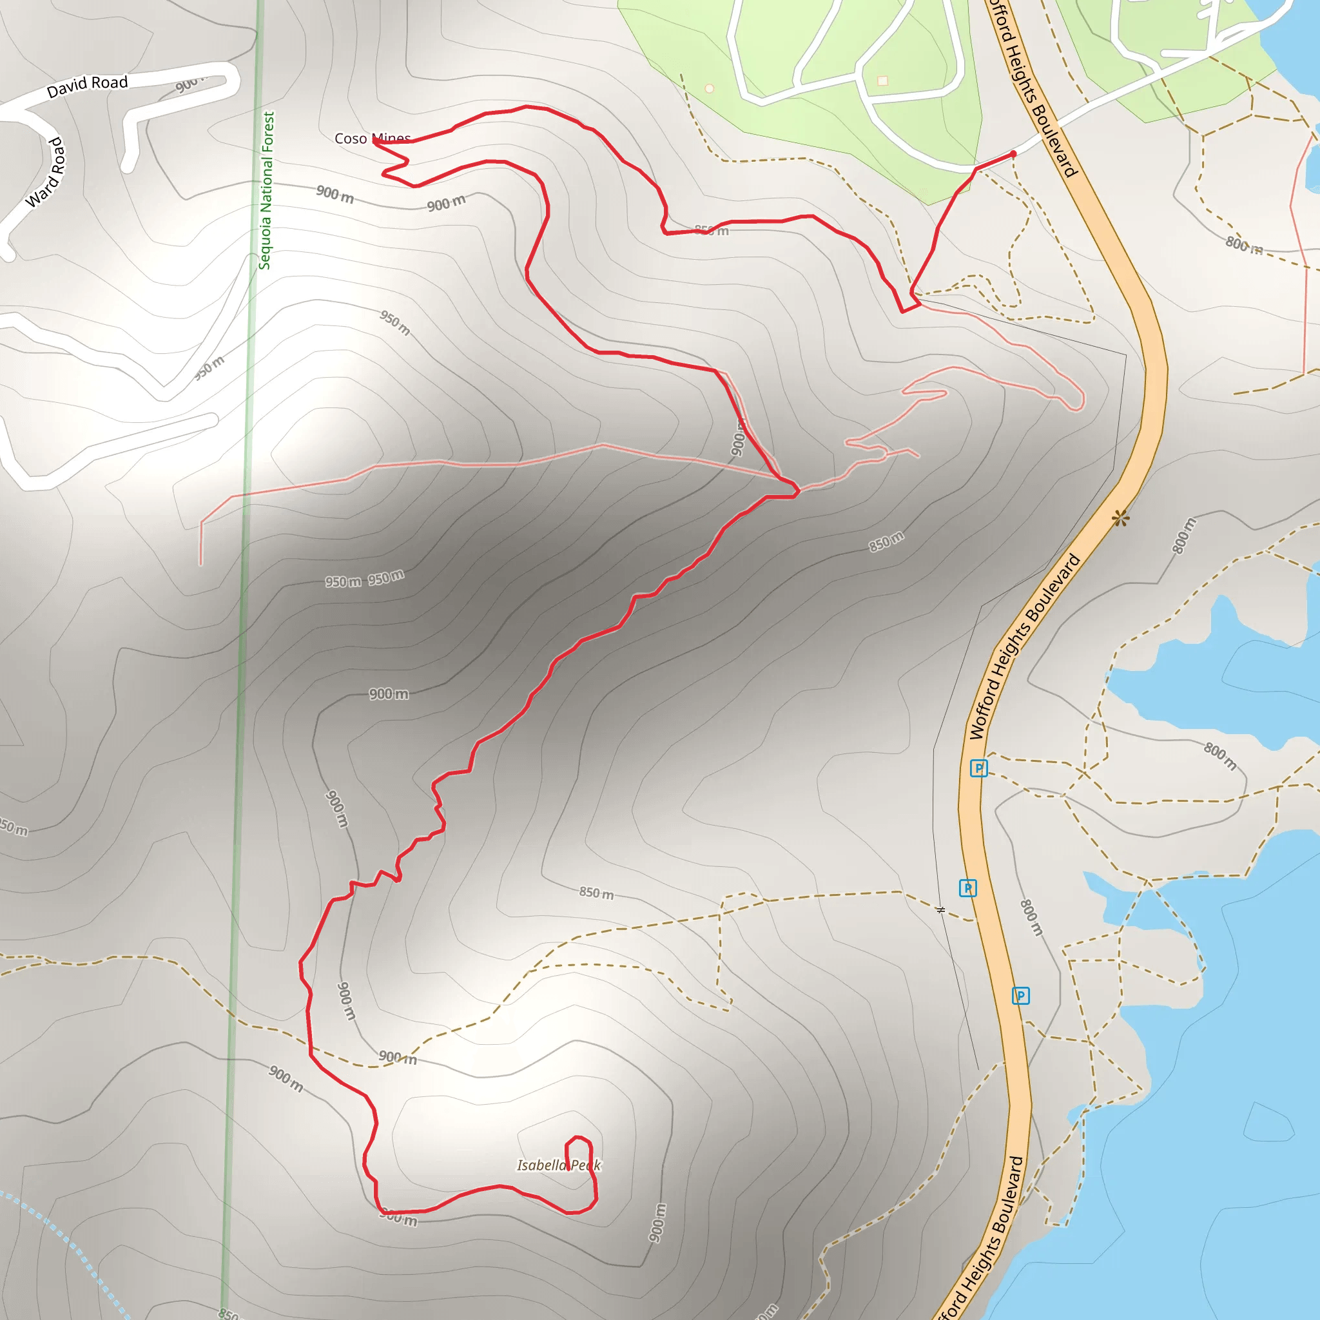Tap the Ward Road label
46,172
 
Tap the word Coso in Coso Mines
351,139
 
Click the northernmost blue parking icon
978,768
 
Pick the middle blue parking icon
967,888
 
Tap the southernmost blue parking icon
1020,995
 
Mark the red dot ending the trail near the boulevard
1013,154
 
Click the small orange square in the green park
883,81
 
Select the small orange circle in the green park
709,88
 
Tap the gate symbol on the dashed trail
941,910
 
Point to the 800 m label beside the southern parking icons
1032,917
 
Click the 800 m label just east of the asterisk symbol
1184,535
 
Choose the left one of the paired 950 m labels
343,582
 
